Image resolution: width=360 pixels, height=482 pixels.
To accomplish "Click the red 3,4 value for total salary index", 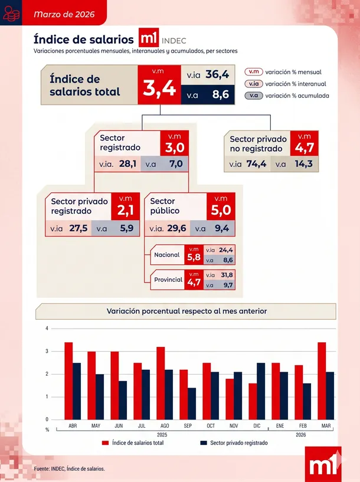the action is pyautogui.click(x=159, y=88).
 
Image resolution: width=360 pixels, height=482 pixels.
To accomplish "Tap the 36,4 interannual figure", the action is pyautogui.click(x=217, y=74).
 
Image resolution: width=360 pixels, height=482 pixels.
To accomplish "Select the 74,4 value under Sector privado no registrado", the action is pyautogui.click(x=256, y=164).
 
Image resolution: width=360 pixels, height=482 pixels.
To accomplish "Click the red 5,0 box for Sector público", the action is pyautogui.click(x=221, y=206).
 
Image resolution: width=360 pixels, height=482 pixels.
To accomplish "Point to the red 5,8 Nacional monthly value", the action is pyautogui.click(x=194, y=255).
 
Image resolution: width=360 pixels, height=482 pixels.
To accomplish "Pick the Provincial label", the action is pyautogui.click(x=168, y=280).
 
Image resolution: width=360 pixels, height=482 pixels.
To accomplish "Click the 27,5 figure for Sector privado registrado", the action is pyautogui.click(x=78, y=228).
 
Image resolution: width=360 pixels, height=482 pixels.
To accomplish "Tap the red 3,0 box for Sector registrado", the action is pyautogui.click(x=174, y=143).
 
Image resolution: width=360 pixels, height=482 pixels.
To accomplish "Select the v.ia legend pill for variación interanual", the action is pyautogui.click(x=254, y=84).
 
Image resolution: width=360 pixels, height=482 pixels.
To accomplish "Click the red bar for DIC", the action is pyautogui.click(x=253, y=401).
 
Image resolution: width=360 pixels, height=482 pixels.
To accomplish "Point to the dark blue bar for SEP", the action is pyautogui.click(x=192, y=404).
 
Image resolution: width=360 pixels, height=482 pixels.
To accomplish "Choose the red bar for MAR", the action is pyautogui.click(x=322, y=381).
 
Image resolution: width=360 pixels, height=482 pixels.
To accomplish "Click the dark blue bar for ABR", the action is pyautogui.click(x=77, y=391).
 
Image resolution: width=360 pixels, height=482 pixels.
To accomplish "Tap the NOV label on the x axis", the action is pyautogui.click(x=234, y=426).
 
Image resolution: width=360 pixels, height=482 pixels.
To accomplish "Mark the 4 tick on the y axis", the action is pyautogui.click(x=47, y=328).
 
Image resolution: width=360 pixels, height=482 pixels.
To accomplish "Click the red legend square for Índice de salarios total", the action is pyautogui.click(x=106, y=443).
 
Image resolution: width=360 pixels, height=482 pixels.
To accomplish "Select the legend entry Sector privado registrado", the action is pyautogui.click(x=234, y=443).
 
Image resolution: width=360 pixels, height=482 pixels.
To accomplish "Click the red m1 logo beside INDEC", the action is pyautogui.click(x=149, y=38).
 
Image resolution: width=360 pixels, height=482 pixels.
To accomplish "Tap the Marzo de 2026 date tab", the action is pyautogui.click(x=64, y=14).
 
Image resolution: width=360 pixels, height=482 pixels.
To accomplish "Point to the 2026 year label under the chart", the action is pyautogui.click(x=300, y=435).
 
